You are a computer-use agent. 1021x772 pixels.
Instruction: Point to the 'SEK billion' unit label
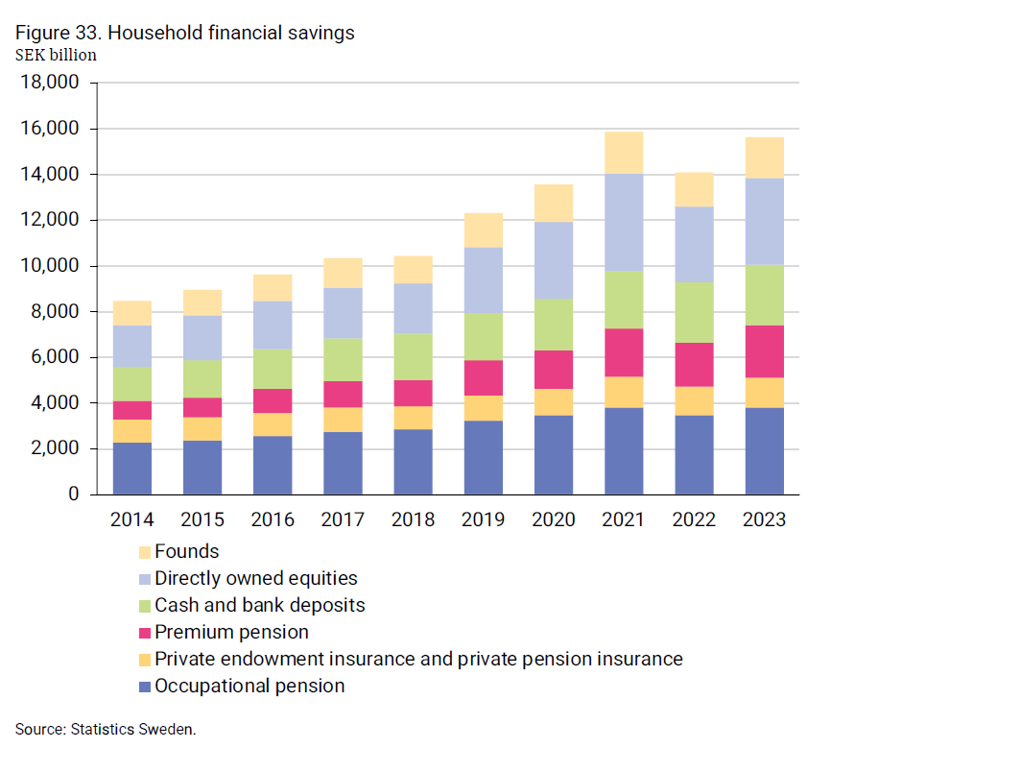56,55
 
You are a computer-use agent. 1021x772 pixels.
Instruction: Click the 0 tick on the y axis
73,495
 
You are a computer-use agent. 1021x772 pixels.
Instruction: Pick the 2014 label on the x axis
132,520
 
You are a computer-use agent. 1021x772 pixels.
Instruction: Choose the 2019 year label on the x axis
484,520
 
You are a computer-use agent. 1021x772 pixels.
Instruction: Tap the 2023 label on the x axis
764,520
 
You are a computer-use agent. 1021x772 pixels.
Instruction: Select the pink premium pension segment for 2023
764,351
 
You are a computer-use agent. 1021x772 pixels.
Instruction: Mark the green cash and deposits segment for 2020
554,325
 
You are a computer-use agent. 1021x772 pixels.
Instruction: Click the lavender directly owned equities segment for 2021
624,223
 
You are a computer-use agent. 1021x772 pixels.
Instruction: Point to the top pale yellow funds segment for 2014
132,313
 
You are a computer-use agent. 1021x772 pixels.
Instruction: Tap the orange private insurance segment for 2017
343,420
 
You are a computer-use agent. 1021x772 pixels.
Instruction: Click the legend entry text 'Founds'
187,551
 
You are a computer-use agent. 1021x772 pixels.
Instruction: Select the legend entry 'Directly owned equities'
255,578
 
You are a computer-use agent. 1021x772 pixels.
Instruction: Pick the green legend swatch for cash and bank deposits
145,606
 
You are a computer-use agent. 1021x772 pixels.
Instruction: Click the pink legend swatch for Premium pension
145,633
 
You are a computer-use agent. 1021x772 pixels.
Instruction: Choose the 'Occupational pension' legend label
249,686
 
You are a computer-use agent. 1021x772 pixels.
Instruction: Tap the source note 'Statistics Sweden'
134,730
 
